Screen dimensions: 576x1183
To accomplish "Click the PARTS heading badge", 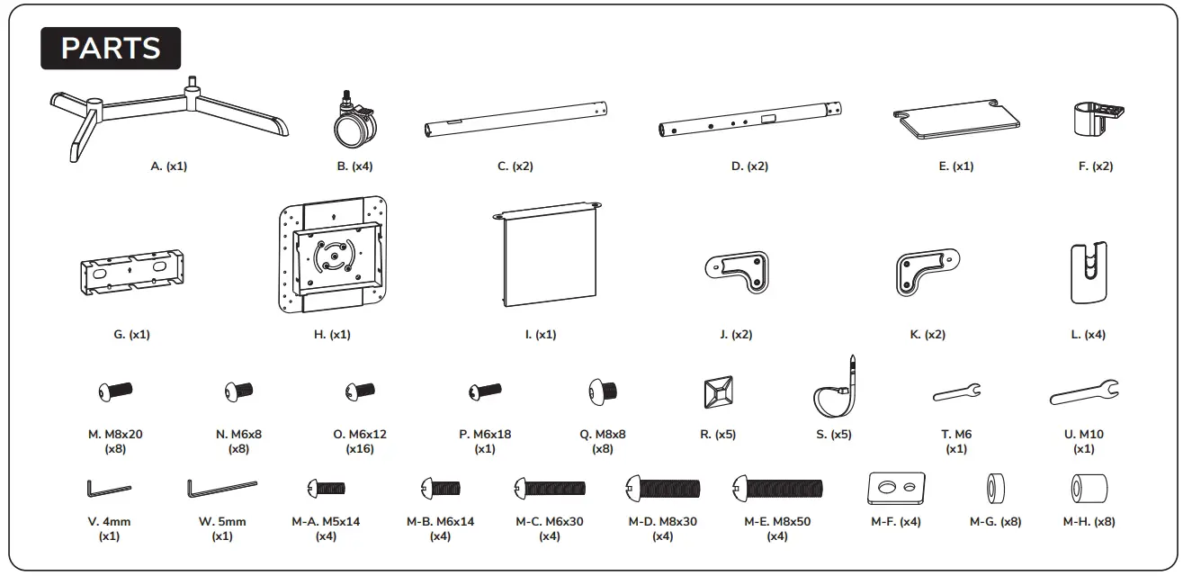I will pyautogui.click(x=111, y=49).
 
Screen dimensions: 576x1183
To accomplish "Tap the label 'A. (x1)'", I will pyautogui.click(x=169, y=166).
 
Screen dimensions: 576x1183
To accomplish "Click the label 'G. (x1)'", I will pyautogui.click(x=132, y=335).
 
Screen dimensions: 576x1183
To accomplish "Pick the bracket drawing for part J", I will pyautogui.click(x=737, y=271).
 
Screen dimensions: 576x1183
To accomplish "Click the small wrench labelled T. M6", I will pyautogui.click(x=956, y=391).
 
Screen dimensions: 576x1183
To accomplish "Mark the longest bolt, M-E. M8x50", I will pyautogui.click(x=777, y=490).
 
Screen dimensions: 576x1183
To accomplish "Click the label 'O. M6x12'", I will pyautogui.click(x=360, y=435).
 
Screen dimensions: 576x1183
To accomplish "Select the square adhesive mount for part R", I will pyautogui.click(x=718, y=392).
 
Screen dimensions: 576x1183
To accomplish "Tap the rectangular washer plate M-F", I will pyautogui.click(x=896, y=489).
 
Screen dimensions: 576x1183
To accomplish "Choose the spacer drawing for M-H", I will pyautogui.click(x=1089, y=490).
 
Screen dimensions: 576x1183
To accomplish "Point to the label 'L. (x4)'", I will pyautogui.click(x=1088, y=335).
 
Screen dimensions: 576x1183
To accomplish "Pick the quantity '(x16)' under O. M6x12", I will pyautogui.click(x=360, y=449).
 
